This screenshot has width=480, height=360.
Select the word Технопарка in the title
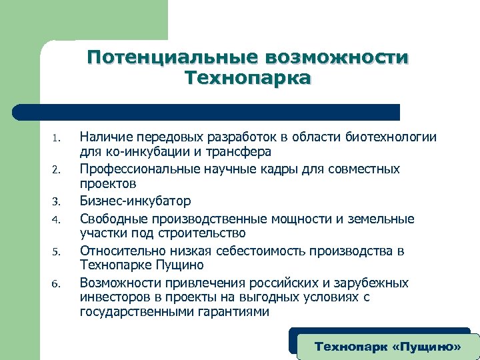pyautogui.click(x=248, y=79)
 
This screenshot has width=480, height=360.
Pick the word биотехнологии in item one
pyautogui.click(x=391, y=137)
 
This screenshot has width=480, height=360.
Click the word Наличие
pyautogui.click(x=105, y=137)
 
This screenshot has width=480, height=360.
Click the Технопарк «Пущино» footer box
pyautogui.click(x=388, y=347)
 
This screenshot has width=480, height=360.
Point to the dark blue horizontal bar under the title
pyautogui.click(x=207, y=111)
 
